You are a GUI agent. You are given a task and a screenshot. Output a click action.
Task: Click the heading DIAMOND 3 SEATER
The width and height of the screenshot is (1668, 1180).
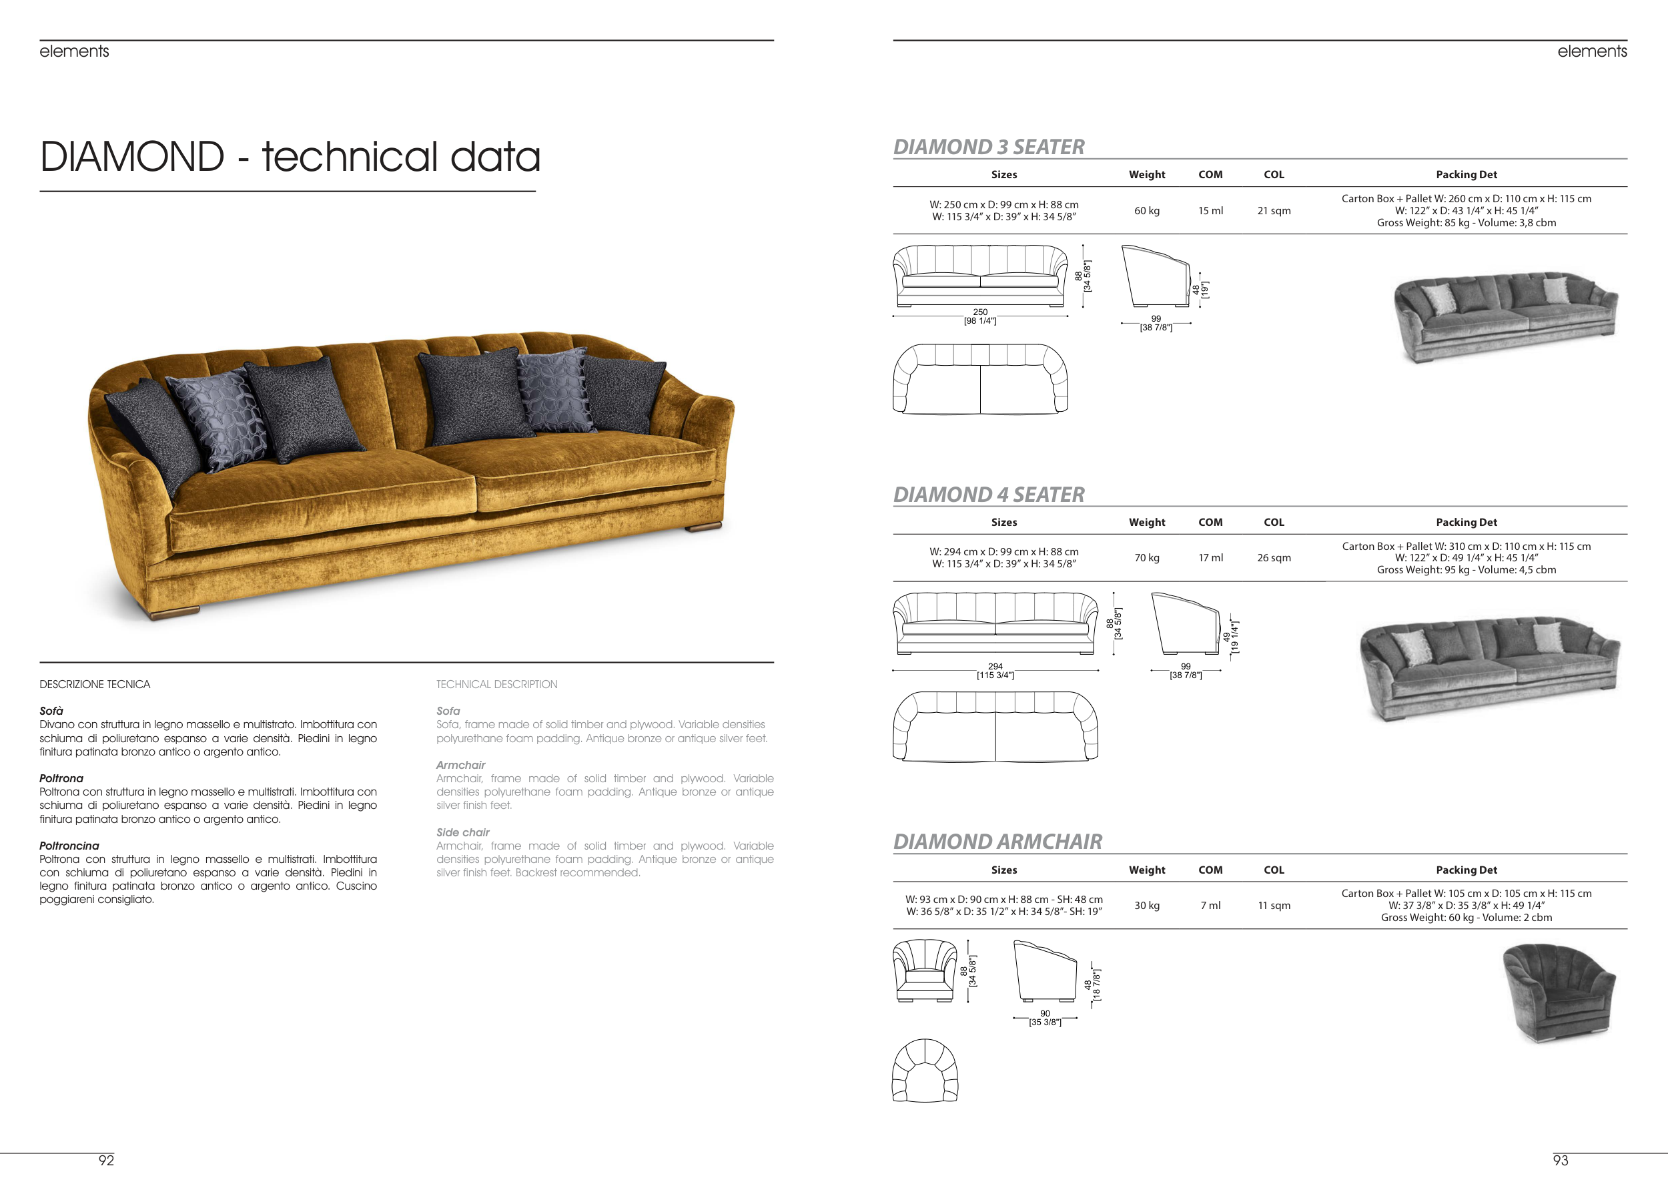pyautogui.click(x=989, y=147)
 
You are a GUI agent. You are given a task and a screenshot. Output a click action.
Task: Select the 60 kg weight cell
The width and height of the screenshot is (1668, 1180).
pyautogui.click(x=1147, y=211)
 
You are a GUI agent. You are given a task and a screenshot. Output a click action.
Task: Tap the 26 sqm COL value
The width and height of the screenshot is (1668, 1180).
pyautogui.click(x=1274, y=558)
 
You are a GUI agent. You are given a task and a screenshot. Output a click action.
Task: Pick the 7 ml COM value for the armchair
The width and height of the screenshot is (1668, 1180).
pyautogui.click(x=1210, y=905)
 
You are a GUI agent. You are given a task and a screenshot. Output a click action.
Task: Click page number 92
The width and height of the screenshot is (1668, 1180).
pyautogui.click(x=106, y=1161)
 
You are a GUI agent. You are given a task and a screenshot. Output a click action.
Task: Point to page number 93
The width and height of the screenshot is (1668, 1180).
pyautogui.click(x=1561, y=1161)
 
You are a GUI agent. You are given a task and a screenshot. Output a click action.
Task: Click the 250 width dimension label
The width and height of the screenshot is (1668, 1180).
pyautogui.click(x=980, y=312)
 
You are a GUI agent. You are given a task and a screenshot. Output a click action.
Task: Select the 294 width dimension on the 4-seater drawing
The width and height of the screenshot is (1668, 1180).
pyautogui.click(x=995, y=666)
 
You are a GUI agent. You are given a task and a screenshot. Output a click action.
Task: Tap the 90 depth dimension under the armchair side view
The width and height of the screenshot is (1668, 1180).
pyautogui.click(x=1045, y=1014)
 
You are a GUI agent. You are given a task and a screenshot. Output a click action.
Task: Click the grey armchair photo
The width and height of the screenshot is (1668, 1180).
pyautogui.click(x=1559, y=993)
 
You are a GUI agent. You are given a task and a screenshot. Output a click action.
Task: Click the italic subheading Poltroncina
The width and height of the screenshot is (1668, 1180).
pyautogui.click(x=69, y=846)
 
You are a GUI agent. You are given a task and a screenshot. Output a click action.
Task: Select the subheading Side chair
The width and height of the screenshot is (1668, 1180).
pyautogui.click(x=463, y=833)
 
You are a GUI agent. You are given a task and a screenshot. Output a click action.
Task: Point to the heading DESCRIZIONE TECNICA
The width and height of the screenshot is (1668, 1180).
pyautogui.click(x=95, y=685)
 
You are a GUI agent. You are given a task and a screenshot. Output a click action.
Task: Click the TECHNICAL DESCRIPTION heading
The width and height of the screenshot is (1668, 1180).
pyautogui.click(x=497, y=685)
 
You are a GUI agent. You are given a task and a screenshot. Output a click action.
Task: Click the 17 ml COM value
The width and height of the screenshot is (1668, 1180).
pyautogui.click(x=1210, y=558)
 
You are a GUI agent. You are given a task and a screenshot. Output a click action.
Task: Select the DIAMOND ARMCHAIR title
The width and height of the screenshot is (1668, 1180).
pyautogui.click(x=997, y=842)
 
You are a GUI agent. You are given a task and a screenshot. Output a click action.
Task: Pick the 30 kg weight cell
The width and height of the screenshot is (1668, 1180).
pyautogui.click(x=1147, y=905)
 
